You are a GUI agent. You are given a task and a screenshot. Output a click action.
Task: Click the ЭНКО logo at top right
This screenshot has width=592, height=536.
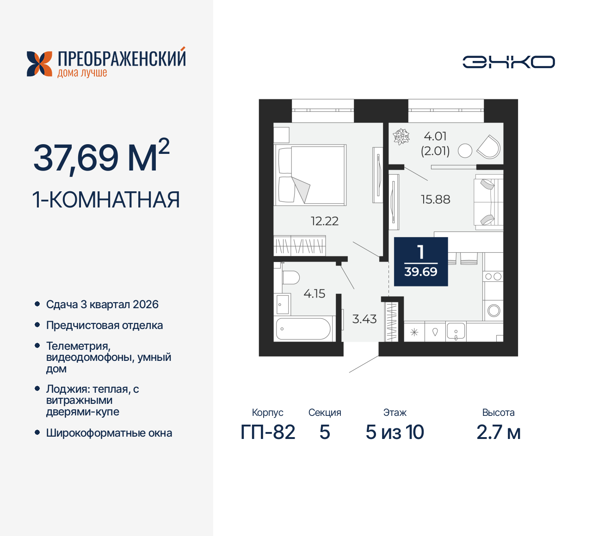coord(508,62)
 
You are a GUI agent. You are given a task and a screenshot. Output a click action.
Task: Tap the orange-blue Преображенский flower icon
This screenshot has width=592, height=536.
coord(39,64)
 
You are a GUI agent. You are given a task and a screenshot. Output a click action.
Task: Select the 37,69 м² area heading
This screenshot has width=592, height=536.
coord(101,157)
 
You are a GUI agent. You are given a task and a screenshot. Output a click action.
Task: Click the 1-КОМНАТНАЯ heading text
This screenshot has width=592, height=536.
coord(106,200)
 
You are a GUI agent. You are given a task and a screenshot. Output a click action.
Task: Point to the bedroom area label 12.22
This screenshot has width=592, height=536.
coord(324,221)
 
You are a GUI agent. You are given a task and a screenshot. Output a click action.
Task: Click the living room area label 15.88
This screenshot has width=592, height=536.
coord(435,200)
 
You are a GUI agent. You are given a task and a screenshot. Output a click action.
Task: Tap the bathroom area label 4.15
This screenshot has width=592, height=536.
coord(314,294)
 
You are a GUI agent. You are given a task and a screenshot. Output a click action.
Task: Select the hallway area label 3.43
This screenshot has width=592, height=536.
coord(364,319)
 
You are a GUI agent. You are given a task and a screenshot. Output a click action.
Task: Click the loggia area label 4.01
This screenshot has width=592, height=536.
coord(435,136)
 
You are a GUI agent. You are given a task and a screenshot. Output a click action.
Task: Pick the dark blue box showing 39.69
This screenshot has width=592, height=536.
coord(421,262)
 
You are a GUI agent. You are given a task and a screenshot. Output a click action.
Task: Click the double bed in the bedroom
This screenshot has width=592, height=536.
coord(310,175)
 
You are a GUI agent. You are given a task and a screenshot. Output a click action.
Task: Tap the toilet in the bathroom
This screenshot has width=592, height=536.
coord(290,278)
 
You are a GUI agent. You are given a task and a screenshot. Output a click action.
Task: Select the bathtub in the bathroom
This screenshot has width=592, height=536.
coord(303,329)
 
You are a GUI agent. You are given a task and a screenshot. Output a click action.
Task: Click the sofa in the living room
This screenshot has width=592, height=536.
coord(488,202)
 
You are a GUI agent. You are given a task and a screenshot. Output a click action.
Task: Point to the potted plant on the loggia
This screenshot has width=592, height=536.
coord(401,137)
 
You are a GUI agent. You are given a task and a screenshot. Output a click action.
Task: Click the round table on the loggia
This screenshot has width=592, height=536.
coord(465,151)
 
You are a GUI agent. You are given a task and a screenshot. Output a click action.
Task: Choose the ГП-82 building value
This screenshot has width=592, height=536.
coord(268,432)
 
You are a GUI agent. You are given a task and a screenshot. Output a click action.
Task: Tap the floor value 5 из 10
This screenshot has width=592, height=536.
coord(395,432)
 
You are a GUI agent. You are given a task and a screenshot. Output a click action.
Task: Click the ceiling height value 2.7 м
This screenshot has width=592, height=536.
coord(498,432)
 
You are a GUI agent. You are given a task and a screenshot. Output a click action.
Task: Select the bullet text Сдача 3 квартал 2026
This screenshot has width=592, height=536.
coord(102,305)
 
